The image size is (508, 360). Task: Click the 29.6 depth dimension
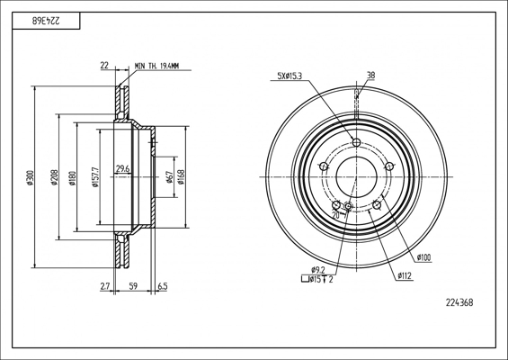click(x=123, y=168)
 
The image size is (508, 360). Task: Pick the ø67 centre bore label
click(x=169, y=177)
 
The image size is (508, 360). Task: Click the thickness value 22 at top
click(x=104, y=66)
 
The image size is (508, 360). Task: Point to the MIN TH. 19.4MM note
click(x=157, y=66)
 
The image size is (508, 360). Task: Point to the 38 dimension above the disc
click(x=370, y=76)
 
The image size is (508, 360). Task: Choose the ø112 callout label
click(x=405, y=276)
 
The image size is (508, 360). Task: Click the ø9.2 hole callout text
click(x=318, y=270)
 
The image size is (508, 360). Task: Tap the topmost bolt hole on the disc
click(x=356, y=143)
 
